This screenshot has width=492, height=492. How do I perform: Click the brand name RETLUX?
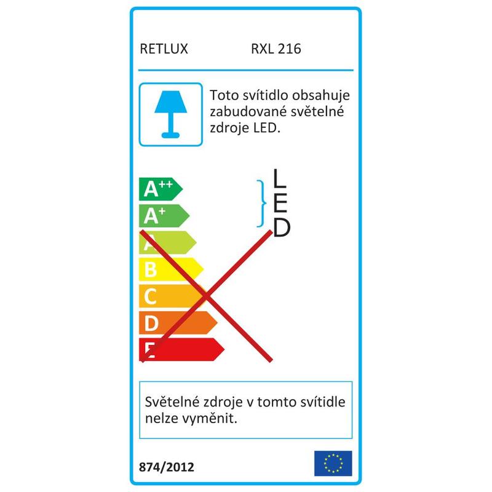[x=164, y=49]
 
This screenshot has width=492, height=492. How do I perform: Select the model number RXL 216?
[x=276, y=49]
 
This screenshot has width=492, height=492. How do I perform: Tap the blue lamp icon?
[x=171, y=114]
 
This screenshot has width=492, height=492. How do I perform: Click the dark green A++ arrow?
[x=161, y=189]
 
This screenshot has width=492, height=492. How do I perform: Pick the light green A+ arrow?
[x=164, y=216]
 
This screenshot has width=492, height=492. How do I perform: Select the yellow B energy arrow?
[x=172, y=269]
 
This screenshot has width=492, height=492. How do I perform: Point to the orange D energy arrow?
[x=178, y=322]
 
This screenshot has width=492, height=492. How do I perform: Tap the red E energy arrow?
[x=181, y=349]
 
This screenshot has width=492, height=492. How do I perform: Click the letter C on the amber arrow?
[x=150, y=296]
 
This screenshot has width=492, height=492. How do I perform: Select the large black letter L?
[x=280, y=178]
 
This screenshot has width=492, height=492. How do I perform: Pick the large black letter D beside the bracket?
[x=282, y=228]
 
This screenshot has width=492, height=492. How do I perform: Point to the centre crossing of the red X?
[x=205, y=296]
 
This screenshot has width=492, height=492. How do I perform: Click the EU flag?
[x=333, y=464]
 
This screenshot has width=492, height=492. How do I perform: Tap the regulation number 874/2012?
[x=167, y=467]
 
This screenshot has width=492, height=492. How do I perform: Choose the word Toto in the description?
[x=223, y=95]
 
